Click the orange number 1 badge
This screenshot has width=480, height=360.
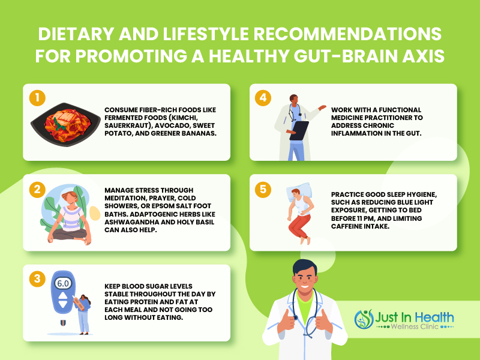point(37,98)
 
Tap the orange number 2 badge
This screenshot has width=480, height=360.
point(37,190)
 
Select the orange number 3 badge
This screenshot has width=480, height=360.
point(37,279)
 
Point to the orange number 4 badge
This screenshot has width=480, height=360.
point(263,98)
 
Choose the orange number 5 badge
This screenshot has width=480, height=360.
point(263,190)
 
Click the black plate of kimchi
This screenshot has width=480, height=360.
point(65,124)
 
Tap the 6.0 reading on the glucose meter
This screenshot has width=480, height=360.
point(63,283)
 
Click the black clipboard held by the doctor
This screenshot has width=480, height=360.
point(299,131)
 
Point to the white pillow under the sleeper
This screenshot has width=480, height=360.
point(299,191)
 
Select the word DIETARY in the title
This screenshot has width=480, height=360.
point(76,34)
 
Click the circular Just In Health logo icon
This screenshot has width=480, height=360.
point(364,319)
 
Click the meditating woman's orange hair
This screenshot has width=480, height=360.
point(70,196)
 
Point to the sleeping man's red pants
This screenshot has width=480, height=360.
point(299,226)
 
